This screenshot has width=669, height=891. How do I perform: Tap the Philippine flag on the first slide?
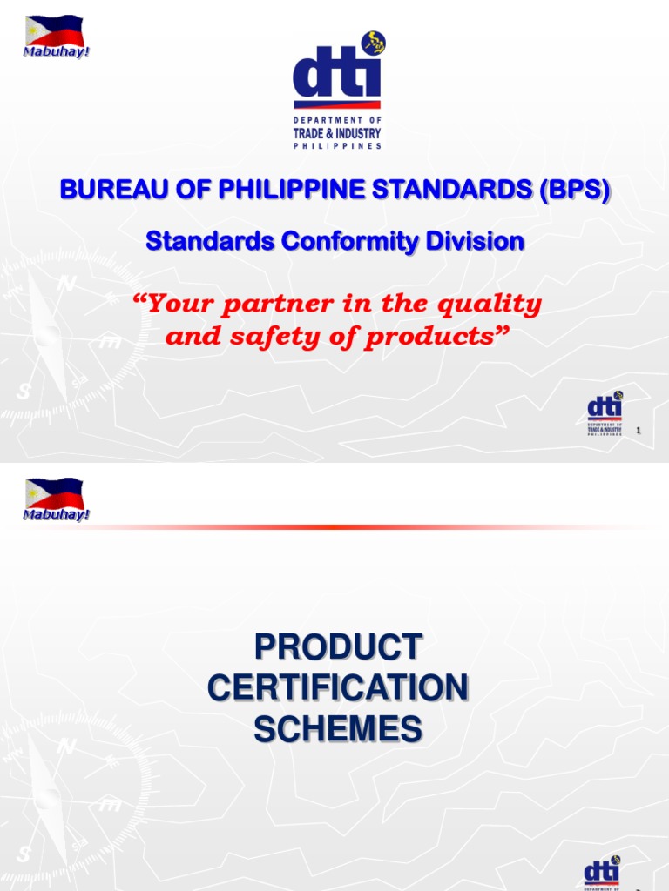[x=54, y=30]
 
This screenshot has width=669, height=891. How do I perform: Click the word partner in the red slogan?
[x=256, y=305]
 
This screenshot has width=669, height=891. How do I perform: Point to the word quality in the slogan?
[x=492, y=305]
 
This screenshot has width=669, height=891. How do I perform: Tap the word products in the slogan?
[x=433, y=337]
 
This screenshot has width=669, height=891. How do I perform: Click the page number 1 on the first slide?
[x=640, y=431]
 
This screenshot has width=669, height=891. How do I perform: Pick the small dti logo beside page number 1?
[x=605, y=414]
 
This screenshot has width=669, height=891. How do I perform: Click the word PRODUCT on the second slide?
[x=337, y=647]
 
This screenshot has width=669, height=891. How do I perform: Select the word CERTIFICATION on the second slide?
[x=337, y=688]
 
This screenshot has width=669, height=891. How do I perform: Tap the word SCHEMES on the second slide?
[x=337, y=729]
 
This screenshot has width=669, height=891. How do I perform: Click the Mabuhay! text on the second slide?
[x=57, y=514]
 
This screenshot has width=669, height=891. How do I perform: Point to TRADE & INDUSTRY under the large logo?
[x=337, y=133]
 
